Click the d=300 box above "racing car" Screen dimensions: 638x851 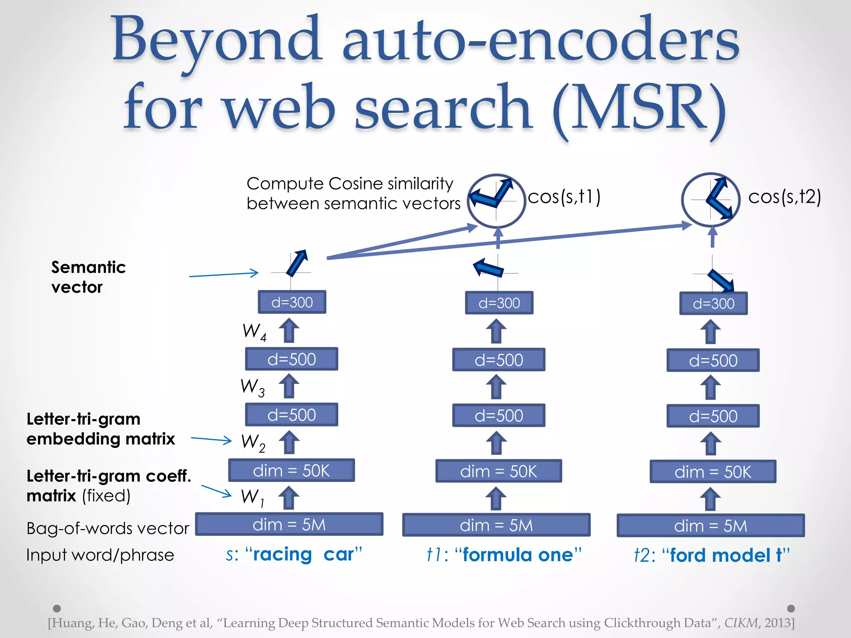292,302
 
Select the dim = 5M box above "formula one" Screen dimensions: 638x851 496,525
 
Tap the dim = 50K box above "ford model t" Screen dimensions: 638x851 713,471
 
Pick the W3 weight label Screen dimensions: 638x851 252,387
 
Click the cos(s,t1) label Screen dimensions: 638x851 564,196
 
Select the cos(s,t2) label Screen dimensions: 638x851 784,196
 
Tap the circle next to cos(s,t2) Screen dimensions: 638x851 711,200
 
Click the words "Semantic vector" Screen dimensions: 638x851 88,277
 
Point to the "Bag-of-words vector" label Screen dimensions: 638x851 108,528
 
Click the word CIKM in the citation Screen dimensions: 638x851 741,623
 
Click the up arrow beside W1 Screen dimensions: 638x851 289,498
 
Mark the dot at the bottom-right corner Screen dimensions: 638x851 791,608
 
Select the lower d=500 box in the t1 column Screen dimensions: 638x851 499,415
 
